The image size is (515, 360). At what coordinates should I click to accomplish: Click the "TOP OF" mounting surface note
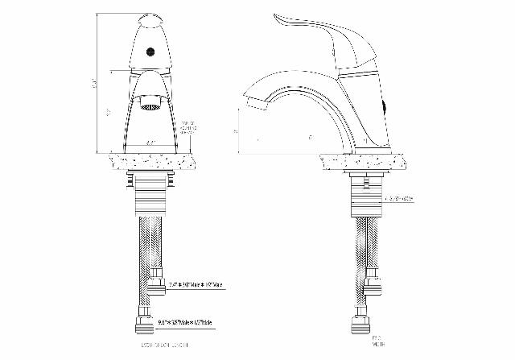[x=189, y=126]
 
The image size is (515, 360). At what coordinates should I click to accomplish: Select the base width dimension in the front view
[x=150, y=142]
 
